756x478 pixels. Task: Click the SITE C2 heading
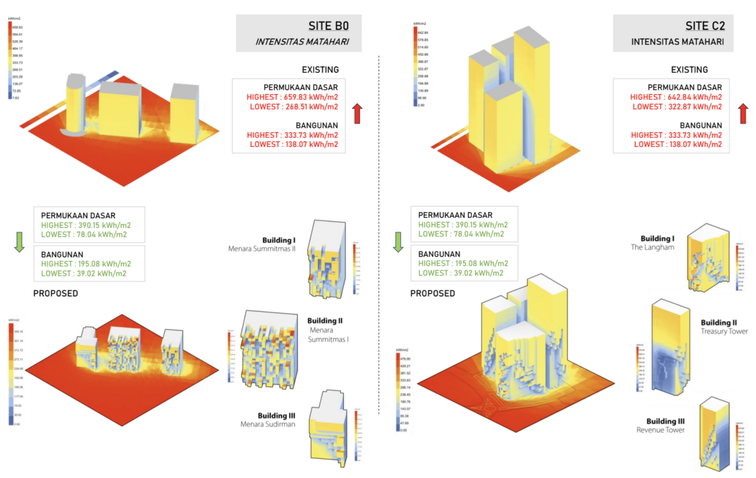pos(705,26)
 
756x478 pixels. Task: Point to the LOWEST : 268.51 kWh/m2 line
pos(294,107)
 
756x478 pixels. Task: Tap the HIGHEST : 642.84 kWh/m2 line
pos(675,97)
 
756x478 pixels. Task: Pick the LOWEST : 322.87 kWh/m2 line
pos(677,107)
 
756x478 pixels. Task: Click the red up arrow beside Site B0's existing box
pos(357,113)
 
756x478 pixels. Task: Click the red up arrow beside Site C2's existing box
pos(743,113)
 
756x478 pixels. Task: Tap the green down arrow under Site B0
pos(19,242)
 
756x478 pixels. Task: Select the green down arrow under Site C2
pos(398,242)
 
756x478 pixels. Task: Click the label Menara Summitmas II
pos(262,249)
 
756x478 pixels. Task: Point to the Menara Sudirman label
pos(267,424)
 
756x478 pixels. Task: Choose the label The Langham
pos(652,247)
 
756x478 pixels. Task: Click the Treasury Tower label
pos(724,332)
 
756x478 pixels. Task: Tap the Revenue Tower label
pos(660,430)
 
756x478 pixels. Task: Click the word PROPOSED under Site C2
pos(432,294)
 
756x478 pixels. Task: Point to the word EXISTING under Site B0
pos(320,70)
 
